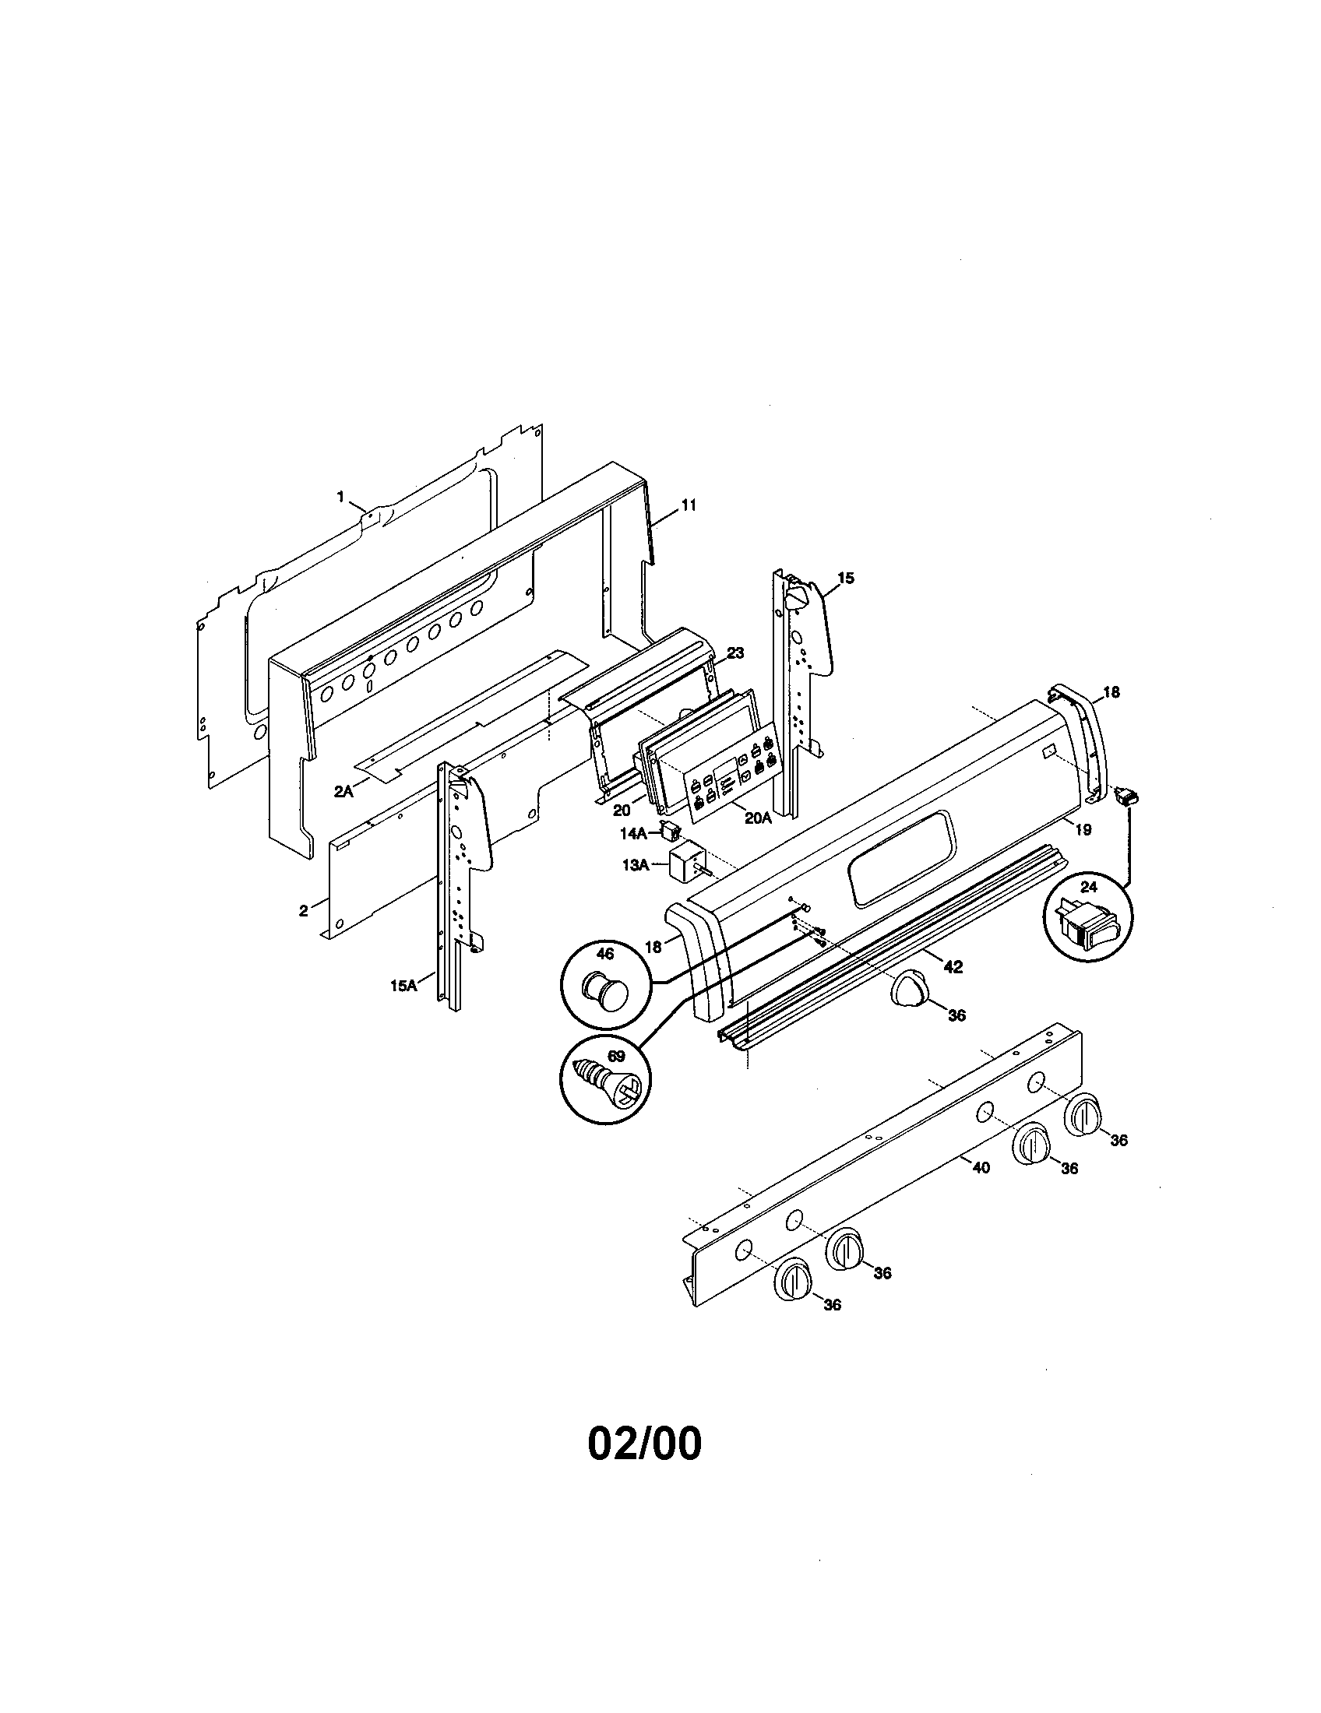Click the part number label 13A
(x=635, y=864)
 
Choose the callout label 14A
(x=633, y=833)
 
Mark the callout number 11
(x=688, y=505)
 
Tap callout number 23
(x=735, y=652)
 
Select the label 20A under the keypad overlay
(x=758, y=818)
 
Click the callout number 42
(x=953, y=967)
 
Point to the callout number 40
(x=981, y=1189)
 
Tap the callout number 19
(x=1083, y=829)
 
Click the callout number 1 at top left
(x=340, y=496)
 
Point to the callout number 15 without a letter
(x=845, y=578)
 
